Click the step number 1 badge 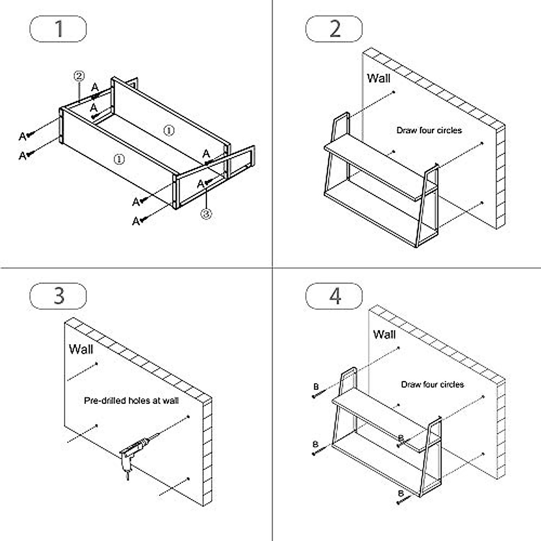click(58, 29)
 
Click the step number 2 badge click(334, 29)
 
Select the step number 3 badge click(58, 296)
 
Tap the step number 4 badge click(334, 296)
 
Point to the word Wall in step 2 click(379, 78)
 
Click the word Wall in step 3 click(81, 348)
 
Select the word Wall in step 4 click(384, 335)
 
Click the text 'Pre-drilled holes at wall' click(131, 400)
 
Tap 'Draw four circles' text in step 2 click(429, 130)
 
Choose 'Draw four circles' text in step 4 click(432, 385)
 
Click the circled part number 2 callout click(79, 76)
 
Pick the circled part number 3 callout click(206, 214)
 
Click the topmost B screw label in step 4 click(316, 387)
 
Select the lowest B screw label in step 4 click(400, 493)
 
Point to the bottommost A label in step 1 click(136, 221)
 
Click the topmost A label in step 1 click(95, 87)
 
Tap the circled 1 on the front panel click(119, 159)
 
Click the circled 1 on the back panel click(168, 130)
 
